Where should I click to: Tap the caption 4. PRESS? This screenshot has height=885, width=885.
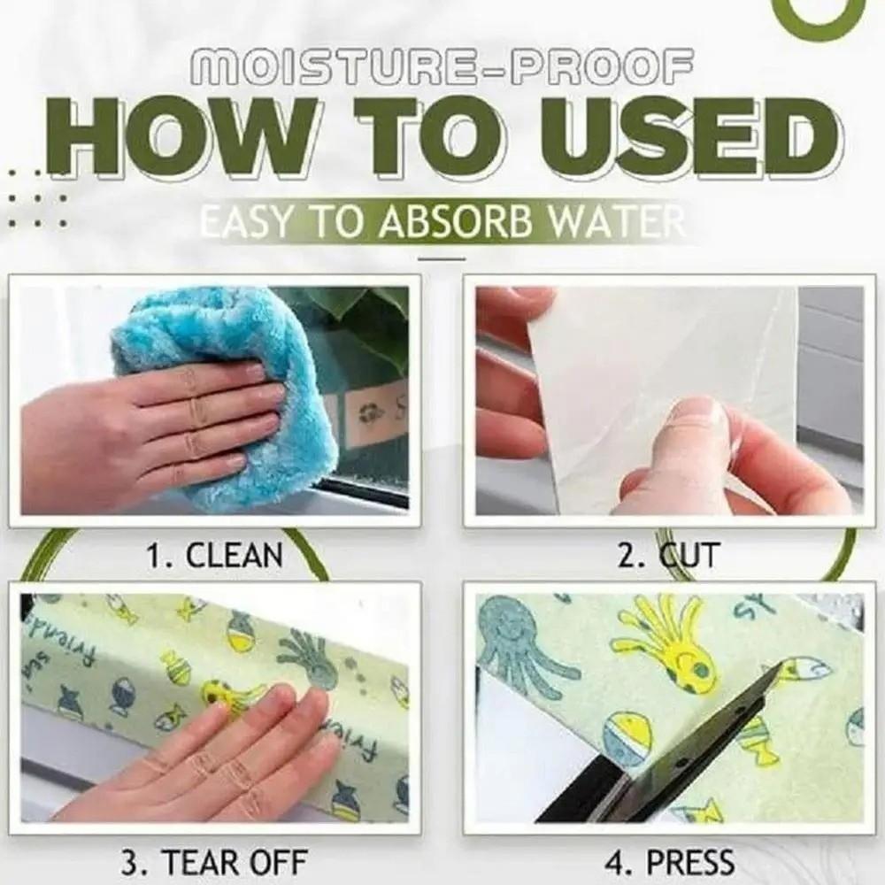click(669, 859)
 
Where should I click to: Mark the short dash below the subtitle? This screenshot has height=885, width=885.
click(440, 258)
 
